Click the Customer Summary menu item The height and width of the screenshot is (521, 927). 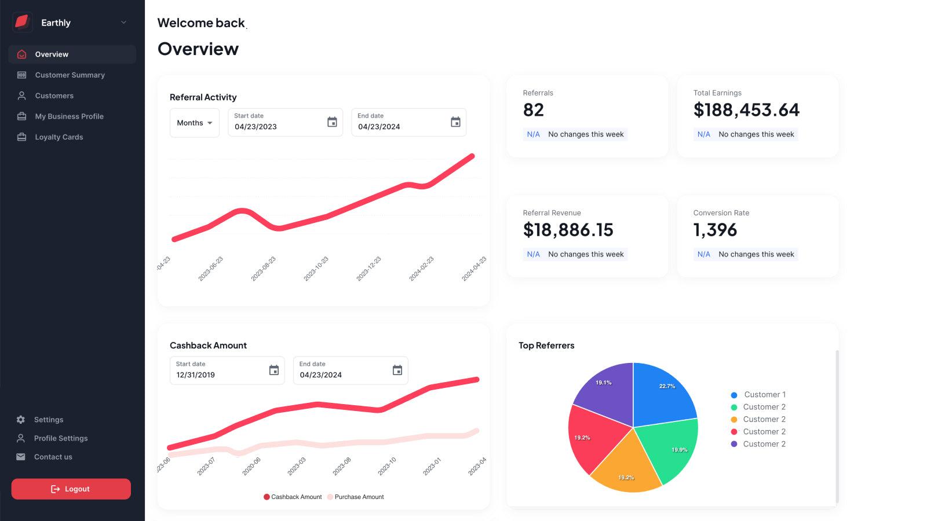70,75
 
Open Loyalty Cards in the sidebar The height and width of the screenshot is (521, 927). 59,137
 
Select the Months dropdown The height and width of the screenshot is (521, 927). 194,123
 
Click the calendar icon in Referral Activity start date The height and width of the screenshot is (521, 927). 332,122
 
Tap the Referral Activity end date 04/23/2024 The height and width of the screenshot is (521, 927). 379,127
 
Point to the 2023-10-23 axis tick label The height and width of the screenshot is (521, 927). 316,269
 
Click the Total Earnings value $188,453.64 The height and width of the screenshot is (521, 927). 746,110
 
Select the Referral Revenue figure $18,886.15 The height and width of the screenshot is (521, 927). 568,230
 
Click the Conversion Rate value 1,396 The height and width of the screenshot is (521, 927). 715,230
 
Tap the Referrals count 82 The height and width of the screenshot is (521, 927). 533,110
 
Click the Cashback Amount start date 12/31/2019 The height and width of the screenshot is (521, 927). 196,375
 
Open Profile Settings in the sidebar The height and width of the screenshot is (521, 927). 61,438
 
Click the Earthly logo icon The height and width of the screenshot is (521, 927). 22,23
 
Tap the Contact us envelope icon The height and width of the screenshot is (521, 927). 21,457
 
